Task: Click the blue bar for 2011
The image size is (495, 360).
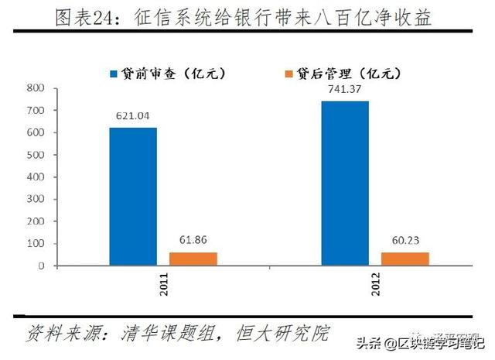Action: point(132,197)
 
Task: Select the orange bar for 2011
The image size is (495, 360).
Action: point(193,259)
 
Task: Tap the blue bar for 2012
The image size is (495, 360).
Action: point(344,183)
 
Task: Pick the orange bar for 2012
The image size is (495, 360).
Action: point(405,259)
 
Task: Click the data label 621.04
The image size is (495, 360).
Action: point(132,115)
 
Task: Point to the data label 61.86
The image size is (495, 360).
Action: point(193,240)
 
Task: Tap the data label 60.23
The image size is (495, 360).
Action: point(405,240)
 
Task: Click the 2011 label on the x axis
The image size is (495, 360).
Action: point(163,290)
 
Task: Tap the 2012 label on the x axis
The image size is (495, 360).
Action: point(375,290)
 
